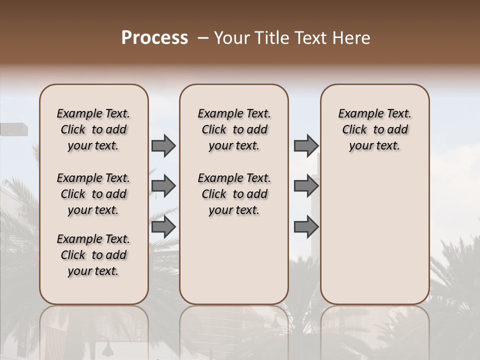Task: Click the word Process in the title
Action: coord(154,37)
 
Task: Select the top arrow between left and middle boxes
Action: coord(163,146)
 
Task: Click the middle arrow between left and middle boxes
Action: coord(163,186)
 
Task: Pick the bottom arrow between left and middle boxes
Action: coord(163,227)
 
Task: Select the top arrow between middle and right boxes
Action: coord(306,146)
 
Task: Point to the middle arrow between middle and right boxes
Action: coord(306,186)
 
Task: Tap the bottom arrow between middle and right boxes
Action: coord(306,227)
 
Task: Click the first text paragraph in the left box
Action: coord(93,129)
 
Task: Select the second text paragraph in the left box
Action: coord(93,194)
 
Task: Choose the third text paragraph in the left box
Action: coord(93,255)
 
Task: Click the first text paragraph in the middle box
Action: coord(234,129)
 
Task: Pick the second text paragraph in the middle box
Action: coord(234,194)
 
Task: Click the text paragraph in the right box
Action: coord(374,129)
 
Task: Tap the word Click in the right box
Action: coord(354,129)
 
